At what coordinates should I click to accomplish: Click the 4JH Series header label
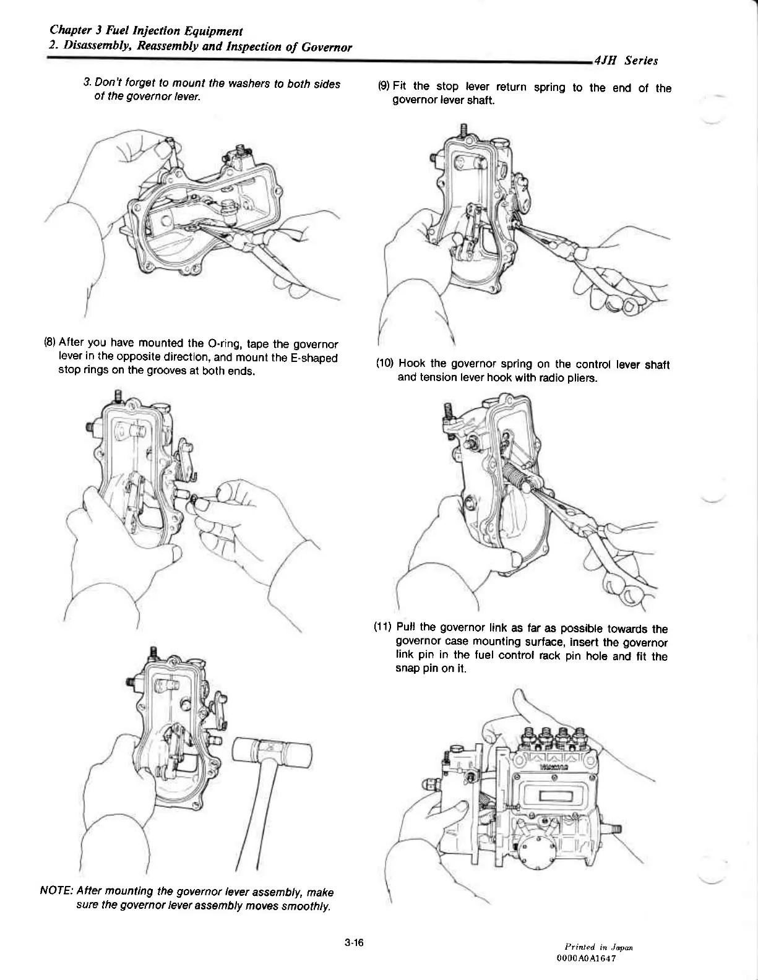626,61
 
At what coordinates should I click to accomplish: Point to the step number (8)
50,343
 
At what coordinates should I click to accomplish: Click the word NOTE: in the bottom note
57,892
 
